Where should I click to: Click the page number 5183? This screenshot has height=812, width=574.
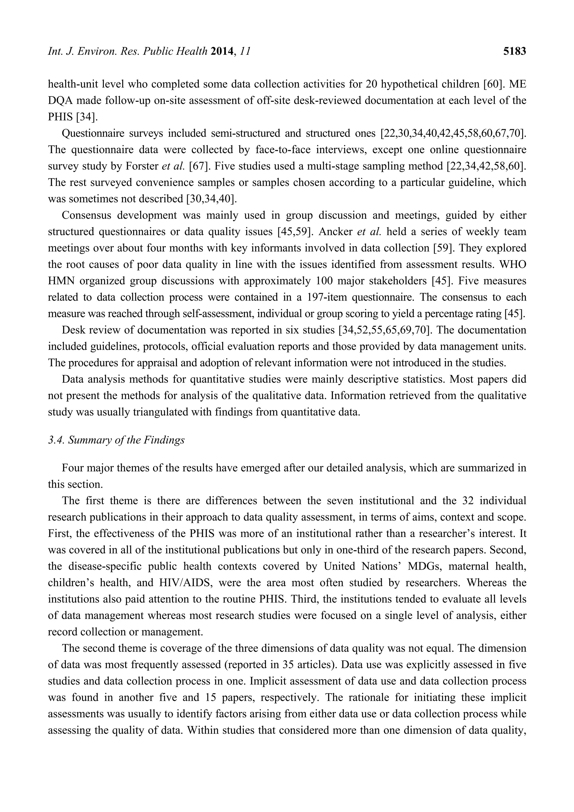click(514, 52)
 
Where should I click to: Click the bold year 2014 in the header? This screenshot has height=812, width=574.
click(223, 52)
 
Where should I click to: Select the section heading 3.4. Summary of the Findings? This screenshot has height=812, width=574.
click(116, 440)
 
